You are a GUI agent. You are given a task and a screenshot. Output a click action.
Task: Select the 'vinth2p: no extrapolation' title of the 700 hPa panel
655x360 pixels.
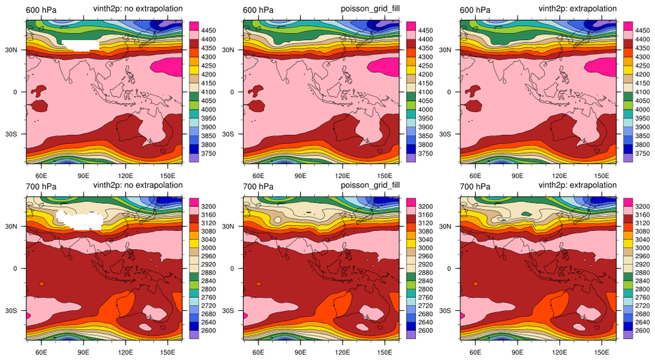tap(138, 186)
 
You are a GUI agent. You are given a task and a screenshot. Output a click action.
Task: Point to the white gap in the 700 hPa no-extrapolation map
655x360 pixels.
tap(80, 220)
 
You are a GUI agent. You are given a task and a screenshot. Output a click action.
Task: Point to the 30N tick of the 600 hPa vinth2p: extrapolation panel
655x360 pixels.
tap(451, 50)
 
